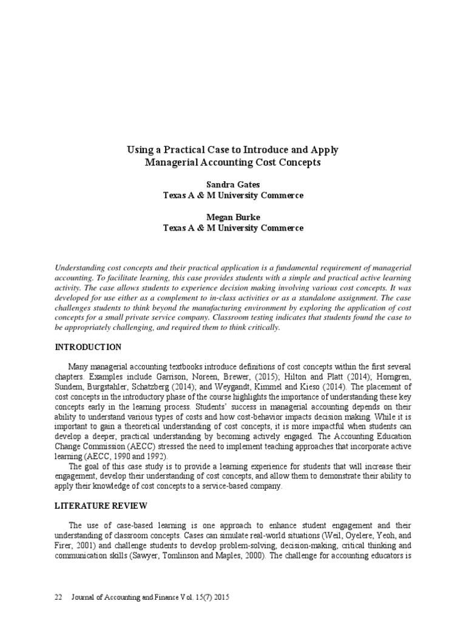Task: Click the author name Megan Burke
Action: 233,217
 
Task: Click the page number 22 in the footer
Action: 59,597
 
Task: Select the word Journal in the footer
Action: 86,597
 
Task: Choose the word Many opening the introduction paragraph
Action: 79,367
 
